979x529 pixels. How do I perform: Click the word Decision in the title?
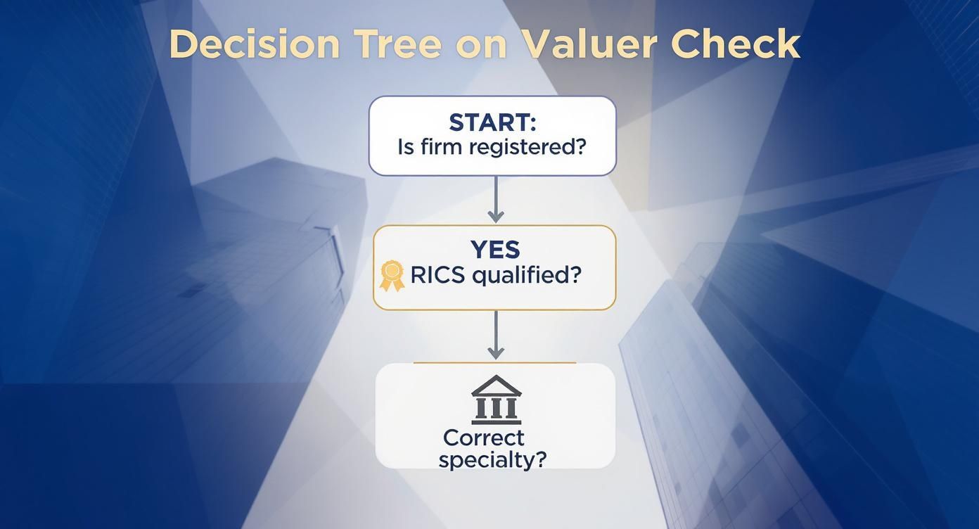[x=254, y=44]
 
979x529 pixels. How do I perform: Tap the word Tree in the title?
[x=397, y=44]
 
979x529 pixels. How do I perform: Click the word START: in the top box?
[x=492, y=122]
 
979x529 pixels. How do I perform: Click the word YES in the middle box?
[x=494, y=250]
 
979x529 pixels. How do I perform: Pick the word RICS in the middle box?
[x=437, y=275]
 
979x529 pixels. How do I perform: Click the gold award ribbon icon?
[x=392, y=275]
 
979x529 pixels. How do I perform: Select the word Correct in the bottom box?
[x=484, y=438]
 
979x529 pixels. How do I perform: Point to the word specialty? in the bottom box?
[x=492, y=460]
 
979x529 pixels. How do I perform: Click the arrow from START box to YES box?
[x=496, y=200]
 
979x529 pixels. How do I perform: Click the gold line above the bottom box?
[x=494, y=363]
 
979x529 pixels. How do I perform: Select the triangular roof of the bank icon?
[x=496, y=384]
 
